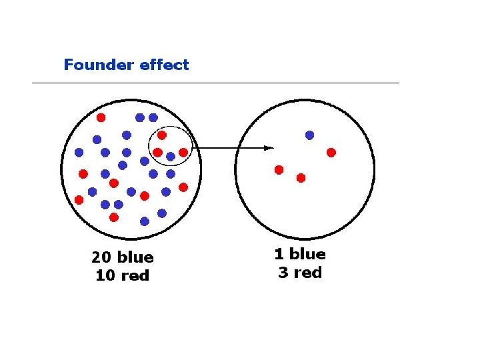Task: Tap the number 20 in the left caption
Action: (102, 257)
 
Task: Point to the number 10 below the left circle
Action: (105, 275)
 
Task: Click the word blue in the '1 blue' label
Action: (308, 254)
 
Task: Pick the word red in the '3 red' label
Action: (307, 273)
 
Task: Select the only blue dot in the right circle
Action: (309, 135)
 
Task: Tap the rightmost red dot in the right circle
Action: (331, 153)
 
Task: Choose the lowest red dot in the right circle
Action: (301, 178)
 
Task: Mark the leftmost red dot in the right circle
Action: (279, 169)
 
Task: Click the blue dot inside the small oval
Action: (171, 157)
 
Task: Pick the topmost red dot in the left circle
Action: (101, 117)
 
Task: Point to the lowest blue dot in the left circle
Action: (145, 221)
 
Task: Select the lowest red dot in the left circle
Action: (114, 217)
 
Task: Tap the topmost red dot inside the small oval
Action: (162, 135)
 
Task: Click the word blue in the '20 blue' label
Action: (135, 257)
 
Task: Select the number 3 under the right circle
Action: (282, 273)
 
